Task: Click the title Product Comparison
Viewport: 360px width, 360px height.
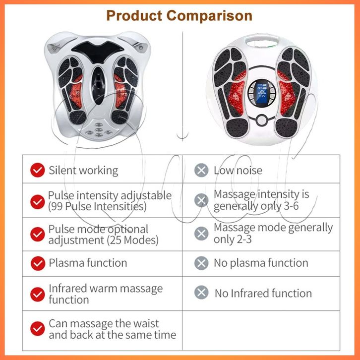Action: (180, 16)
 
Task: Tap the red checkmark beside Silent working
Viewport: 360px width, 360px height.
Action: (37, 170)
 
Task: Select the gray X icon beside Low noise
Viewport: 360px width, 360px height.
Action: (201, 170)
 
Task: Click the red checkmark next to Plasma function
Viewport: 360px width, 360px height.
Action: (38, 263)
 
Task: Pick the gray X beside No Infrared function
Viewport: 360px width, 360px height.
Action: (201, 292)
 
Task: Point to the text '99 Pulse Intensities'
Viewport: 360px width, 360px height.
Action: (97, 206)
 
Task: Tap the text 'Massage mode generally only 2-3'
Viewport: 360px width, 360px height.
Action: (273, 233)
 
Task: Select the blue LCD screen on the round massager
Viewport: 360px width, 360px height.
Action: (262, 93)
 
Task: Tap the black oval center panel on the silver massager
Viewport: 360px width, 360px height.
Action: (99, 85)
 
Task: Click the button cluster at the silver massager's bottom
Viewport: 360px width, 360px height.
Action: (99, 130)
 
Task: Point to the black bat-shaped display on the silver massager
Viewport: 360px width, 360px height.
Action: (98, 51)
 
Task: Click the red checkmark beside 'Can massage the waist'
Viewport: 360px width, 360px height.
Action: (37, 329)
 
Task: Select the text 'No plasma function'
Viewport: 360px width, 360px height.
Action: (261, 263)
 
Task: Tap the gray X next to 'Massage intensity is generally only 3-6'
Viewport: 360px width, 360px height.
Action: (201, 200)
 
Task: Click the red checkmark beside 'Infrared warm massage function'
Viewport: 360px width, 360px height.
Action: (37, 295)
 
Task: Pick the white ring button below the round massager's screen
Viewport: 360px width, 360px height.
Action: (261, 120)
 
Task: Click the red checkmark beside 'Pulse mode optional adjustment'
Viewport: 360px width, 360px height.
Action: (37, 234)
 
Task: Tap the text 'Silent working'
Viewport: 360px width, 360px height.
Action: (83, 171)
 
